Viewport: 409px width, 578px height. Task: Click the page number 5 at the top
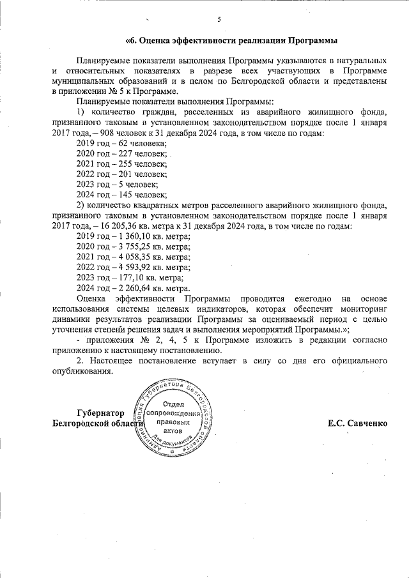(219, 19)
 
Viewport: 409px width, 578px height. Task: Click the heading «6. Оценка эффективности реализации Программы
(231, 42)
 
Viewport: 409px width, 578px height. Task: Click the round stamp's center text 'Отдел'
(173, 404)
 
